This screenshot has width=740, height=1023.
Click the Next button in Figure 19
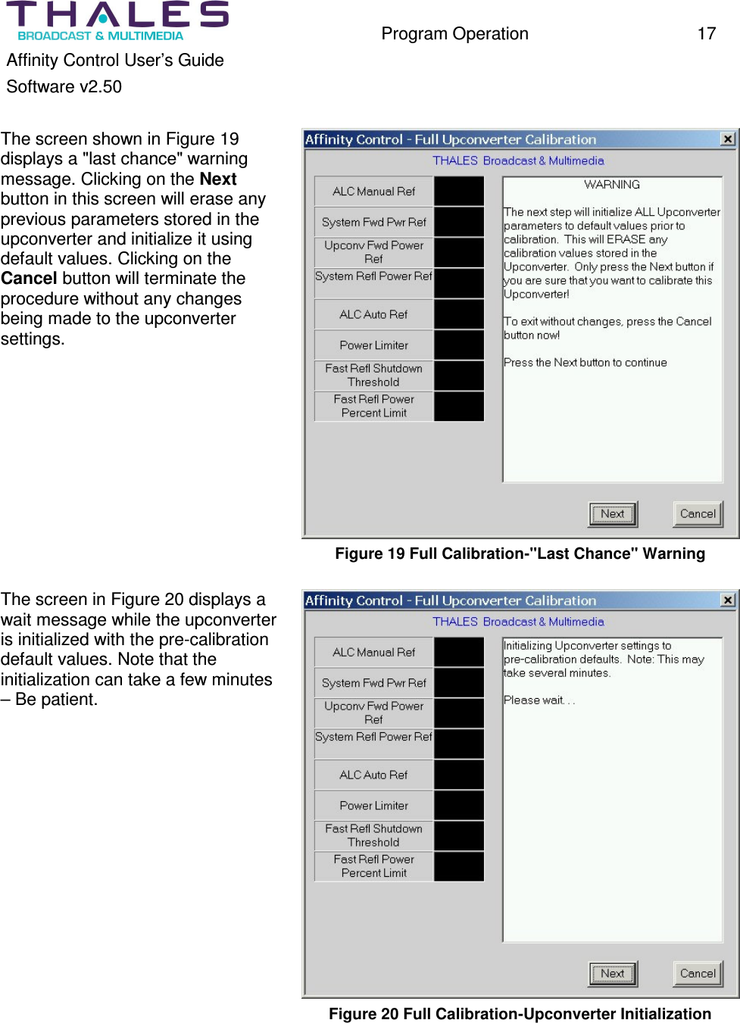pos(613,513)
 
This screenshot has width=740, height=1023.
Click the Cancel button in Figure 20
pos(698,973)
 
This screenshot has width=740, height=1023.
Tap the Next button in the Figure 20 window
pos(613,973)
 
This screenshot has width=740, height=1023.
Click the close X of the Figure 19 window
pos(727,139)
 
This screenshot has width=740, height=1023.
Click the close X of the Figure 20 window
pos(727,600)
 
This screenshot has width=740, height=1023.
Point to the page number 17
pos(706,34)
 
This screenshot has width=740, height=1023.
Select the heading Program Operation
pos(454,34)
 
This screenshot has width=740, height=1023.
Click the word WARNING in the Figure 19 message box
pos(612,185)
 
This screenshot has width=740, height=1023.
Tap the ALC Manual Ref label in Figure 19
pos(373,192)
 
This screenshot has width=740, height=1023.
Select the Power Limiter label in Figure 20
pos(373,806)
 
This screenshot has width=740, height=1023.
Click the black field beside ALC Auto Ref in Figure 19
pos(459,314)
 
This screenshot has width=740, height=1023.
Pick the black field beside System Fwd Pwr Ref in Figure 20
pos(459,683)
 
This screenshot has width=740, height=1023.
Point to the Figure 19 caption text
pos(520,554)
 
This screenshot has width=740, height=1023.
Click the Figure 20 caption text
pos(520,1014)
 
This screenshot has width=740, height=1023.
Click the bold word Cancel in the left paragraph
pos(29,279)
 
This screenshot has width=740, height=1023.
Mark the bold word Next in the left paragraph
pos(218,179)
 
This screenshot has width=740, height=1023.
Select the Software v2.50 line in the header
pos(64,87)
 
